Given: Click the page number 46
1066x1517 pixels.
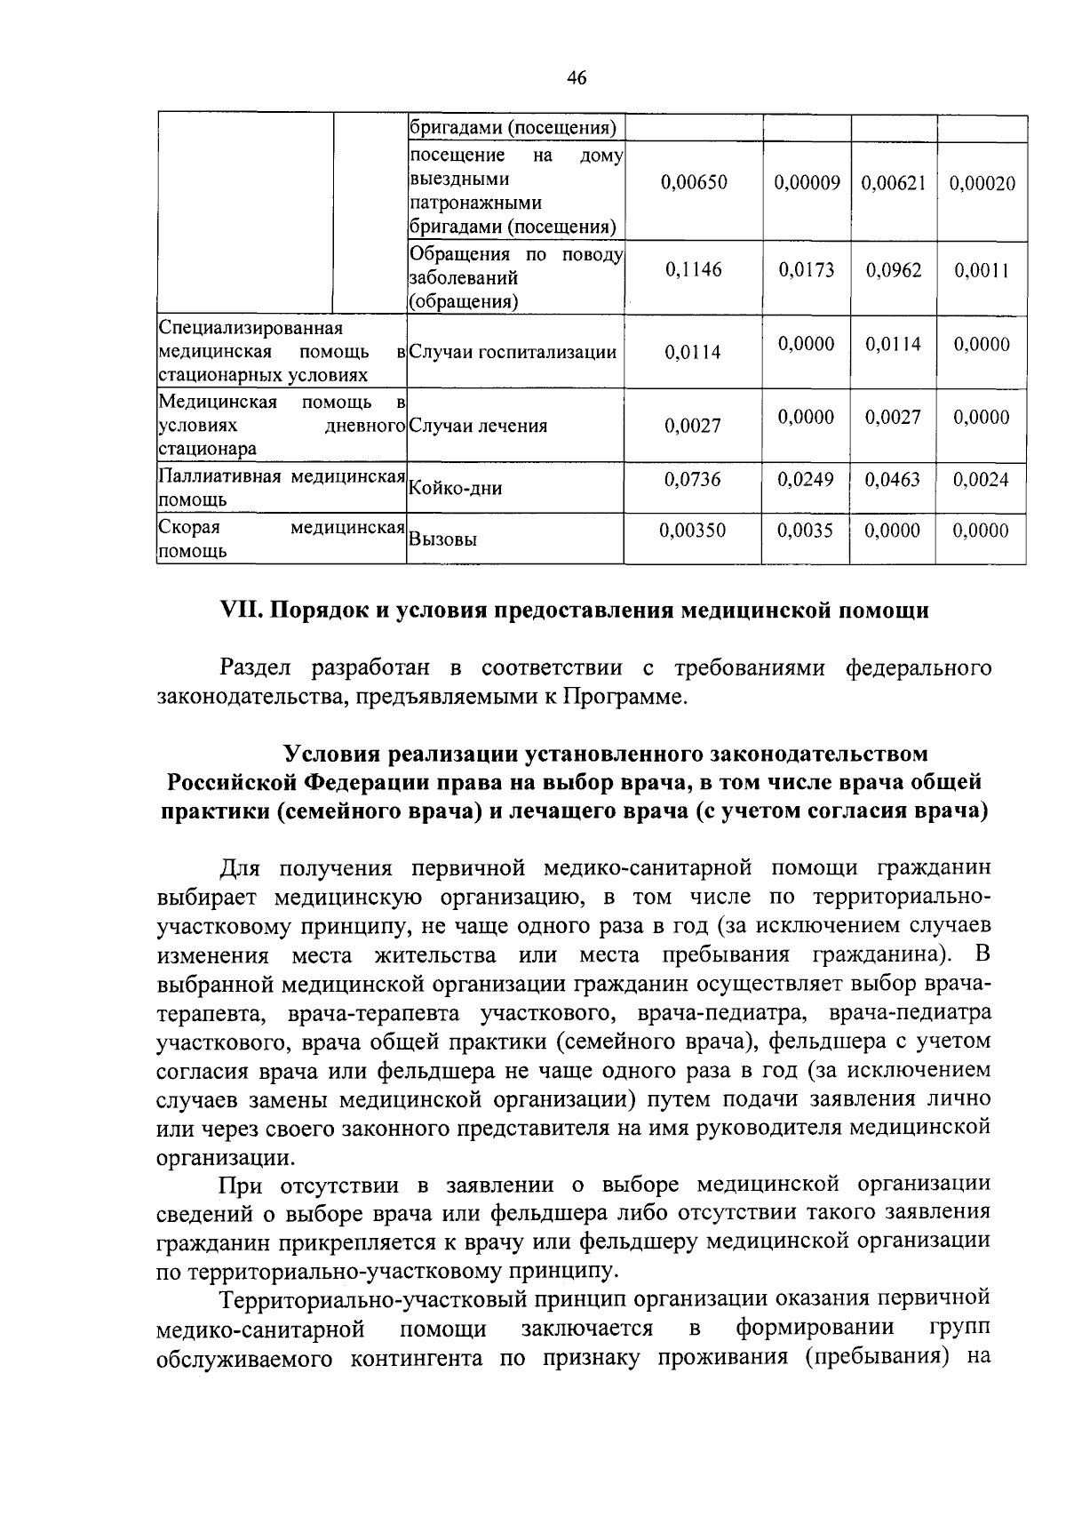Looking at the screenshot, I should click(577, 78).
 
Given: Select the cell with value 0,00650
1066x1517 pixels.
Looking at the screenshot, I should click(694, 183).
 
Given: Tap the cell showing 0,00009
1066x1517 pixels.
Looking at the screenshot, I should click(807, 183).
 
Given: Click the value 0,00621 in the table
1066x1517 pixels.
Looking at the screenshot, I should click(894, 183).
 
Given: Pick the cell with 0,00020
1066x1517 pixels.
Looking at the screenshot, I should click(982, 183).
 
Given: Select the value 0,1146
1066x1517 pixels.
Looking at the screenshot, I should click(694, 270).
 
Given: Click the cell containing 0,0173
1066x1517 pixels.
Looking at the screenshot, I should click(807, 270).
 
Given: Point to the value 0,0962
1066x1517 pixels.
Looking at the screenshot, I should click(894, 270).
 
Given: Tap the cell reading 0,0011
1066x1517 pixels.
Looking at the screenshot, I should click(982, 270).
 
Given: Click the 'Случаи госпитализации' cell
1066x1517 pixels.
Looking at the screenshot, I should click(513, 352).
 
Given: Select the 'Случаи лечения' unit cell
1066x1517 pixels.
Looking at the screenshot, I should click(478, 426).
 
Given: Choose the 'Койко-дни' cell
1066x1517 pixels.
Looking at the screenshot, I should click(455, 488).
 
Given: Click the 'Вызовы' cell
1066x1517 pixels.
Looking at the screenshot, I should click(442, 539).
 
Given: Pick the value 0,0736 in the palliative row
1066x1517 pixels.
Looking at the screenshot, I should click(693, 480).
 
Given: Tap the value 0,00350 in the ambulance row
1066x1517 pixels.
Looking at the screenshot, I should click(693, 531).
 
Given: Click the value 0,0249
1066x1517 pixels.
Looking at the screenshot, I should click(807, 480).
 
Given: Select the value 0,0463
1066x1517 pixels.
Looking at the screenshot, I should click(894, 480).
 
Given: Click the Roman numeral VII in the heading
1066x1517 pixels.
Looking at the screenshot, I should click(239, 611).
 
